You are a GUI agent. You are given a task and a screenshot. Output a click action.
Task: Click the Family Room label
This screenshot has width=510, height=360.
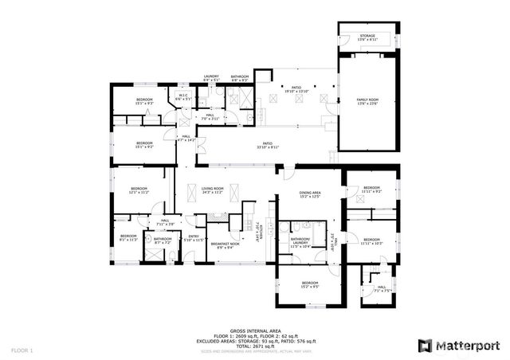click(367, 101)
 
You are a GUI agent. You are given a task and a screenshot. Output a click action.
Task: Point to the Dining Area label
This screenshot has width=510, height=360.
click(310, 194)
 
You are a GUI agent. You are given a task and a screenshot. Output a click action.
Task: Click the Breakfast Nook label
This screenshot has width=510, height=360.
click(229, 246)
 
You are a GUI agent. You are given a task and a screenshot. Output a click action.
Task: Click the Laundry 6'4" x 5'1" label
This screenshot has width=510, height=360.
click(211, 77)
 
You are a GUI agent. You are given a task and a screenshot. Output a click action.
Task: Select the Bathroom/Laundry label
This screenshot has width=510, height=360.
click(300, 245)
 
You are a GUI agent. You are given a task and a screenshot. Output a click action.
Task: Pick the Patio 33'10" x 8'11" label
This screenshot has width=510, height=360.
click(268, 146)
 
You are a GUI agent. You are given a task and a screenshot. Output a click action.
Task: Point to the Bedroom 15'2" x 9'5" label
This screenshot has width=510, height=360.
click(310, 284)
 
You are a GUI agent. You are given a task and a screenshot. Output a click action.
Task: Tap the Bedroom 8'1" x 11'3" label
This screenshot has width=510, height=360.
click(129, 237)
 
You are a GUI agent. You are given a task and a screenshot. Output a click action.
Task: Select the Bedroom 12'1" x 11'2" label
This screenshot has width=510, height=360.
click(139, 190)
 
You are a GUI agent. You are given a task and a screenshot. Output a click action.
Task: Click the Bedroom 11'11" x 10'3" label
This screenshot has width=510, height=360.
click(373, 241)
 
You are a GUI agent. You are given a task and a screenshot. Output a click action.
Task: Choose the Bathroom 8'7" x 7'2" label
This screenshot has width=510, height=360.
click(163, 241)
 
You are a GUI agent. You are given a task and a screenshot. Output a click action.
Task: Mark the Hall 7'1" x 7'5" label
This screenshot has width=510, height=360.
click(381, 289)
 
